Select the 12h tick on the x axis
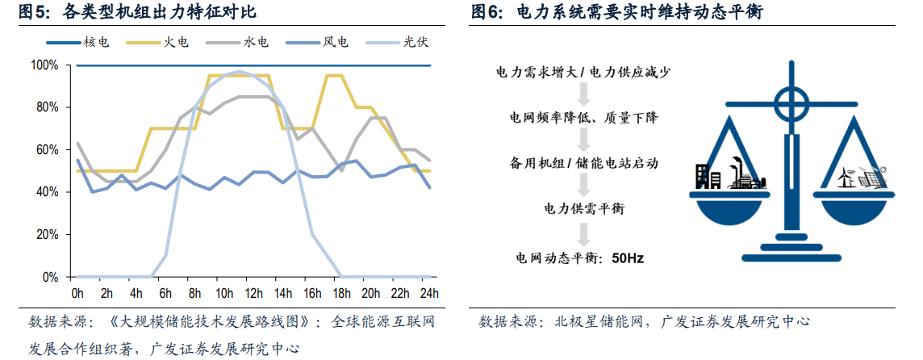tap(255, 291)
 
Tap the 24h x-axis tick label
tap(431, 291)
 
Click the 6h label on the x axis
tap(166, 291)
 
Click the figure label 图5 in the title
tap(31, 12)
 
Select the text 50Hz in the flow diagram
tap(629, 259)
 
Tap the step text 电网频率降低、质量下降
tap(583, 118)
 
